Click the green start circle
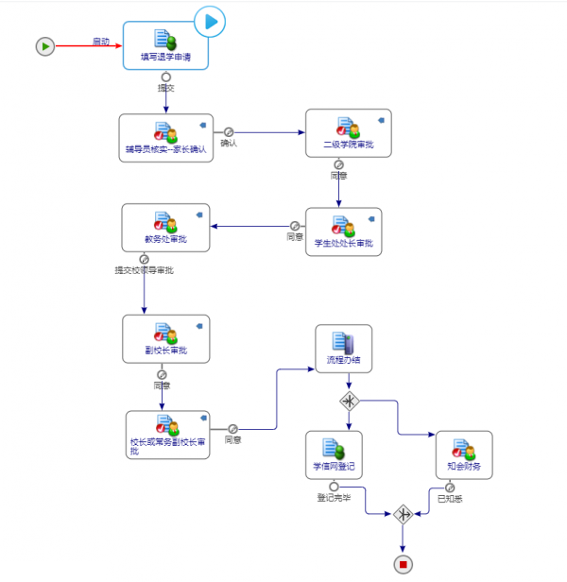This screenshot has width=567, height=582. tap(44, 45)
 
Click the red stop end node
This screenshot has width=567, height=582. tap(404, 564)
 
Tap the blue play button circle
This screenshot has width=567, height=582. tap(210, 21)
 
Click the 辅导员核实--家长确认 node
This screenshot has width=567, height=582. tap(165, 138)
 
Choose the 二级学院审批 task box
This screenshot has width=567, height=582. tap(348, 133)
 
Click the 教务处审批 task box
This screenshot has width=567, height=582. tap(165, 228)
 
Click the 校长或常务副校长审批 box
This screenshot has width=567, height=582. tap(167, 436)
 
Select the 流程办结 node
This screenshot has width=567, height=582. tap(343, 349)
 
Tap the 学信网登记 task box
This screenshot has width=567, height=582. tap(334, 454)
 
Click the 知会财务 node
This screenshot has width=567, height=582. tap(463, 454)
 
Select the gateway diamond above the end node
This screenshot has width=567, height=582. tap(404, 515)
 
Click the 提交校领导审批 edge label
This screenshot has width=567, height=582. tap(144, 270)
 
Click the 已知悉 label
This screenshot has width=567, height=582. tap(449, 498)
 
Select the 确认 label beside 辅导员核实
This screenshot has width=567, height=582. tap(229, 144)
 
